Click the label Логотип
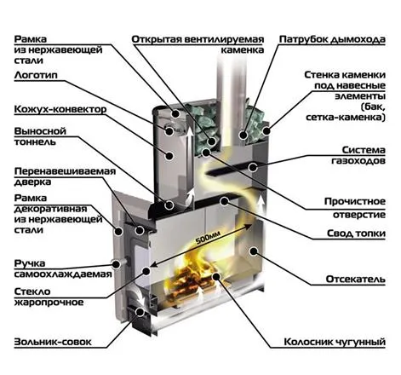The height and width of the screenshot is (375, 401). point(36,75)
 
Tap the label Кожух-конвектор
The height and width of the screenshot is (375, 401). point(60,109)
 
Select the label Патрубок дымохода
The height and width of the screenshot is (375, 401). point(332,39)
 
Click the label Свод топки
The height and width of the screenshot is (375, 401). point(356,234)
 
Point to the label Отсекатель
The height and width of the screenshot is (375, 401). point(356,279)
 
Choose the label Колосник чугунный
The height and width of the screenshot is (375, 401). point(335,342)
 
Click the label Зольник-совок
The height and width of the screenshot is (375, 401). point(53,342)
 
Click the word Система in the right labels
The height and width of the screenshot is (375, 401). point(364,150)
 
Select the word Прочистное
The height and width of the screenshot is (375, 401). point(355,201)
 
